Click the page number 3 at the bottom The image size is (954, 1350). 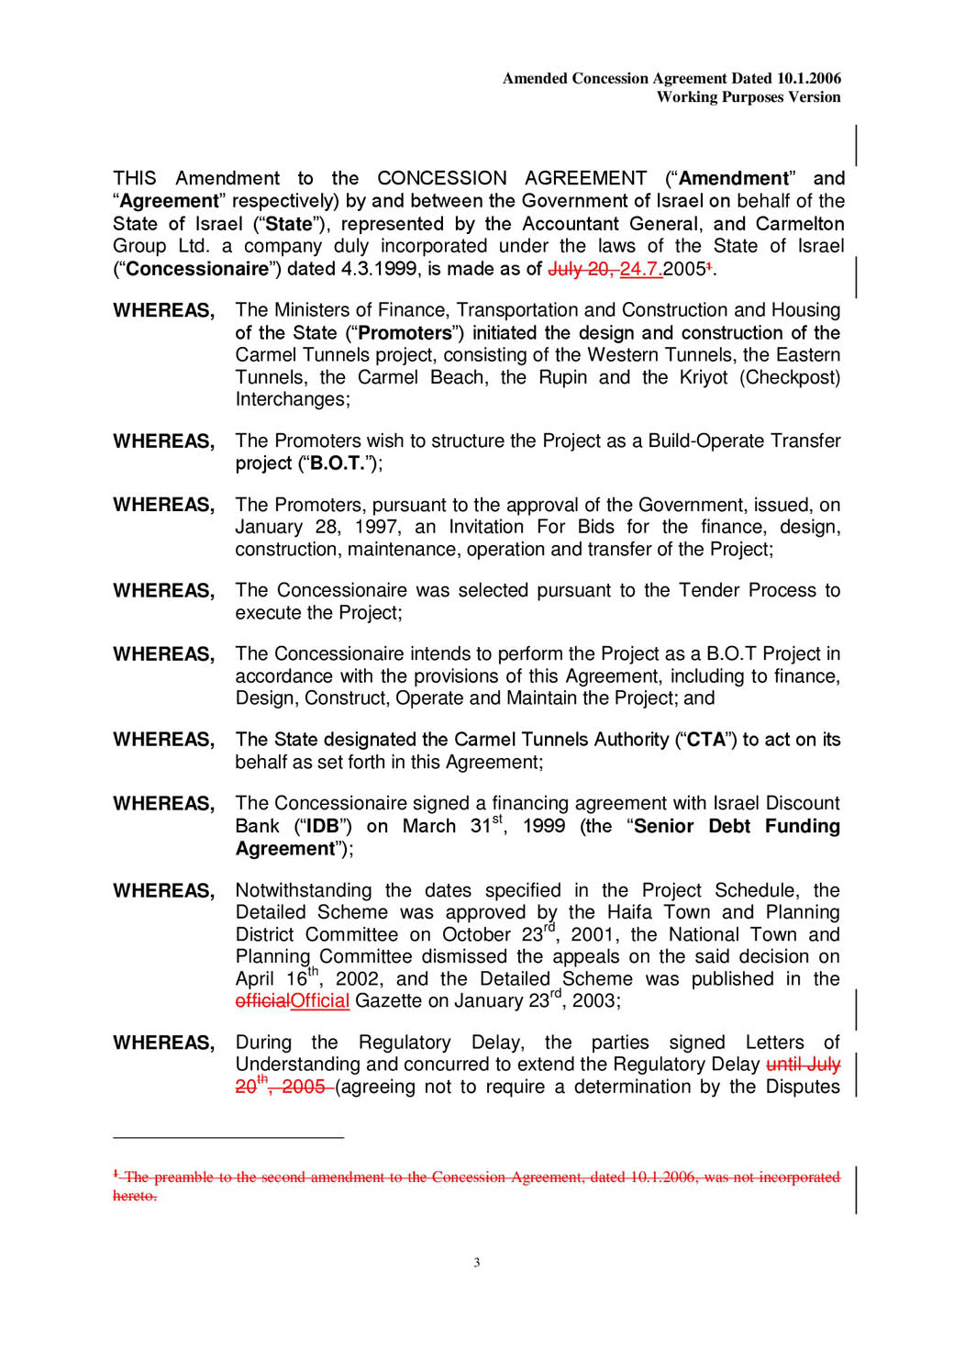476,1263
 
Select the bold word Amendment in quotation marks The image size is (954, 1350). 733,178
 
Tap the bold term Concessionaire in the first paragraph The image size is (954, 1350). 197,269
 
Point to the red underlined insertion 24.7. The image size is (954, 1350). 640,269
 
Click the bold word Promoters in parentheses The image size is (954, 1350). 405,333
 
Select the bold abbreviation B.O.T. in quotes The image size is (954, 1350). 338,463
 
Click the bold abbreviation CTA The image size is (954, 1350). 705,740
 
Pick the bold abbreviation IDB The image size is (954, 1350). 322,826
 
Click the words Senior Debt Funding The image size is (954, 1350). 737,826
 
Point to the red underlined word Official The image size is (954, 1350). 319,1001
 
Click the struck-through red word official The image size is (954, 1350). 262,1001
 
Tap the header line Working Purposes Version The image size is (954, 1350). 748,97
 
